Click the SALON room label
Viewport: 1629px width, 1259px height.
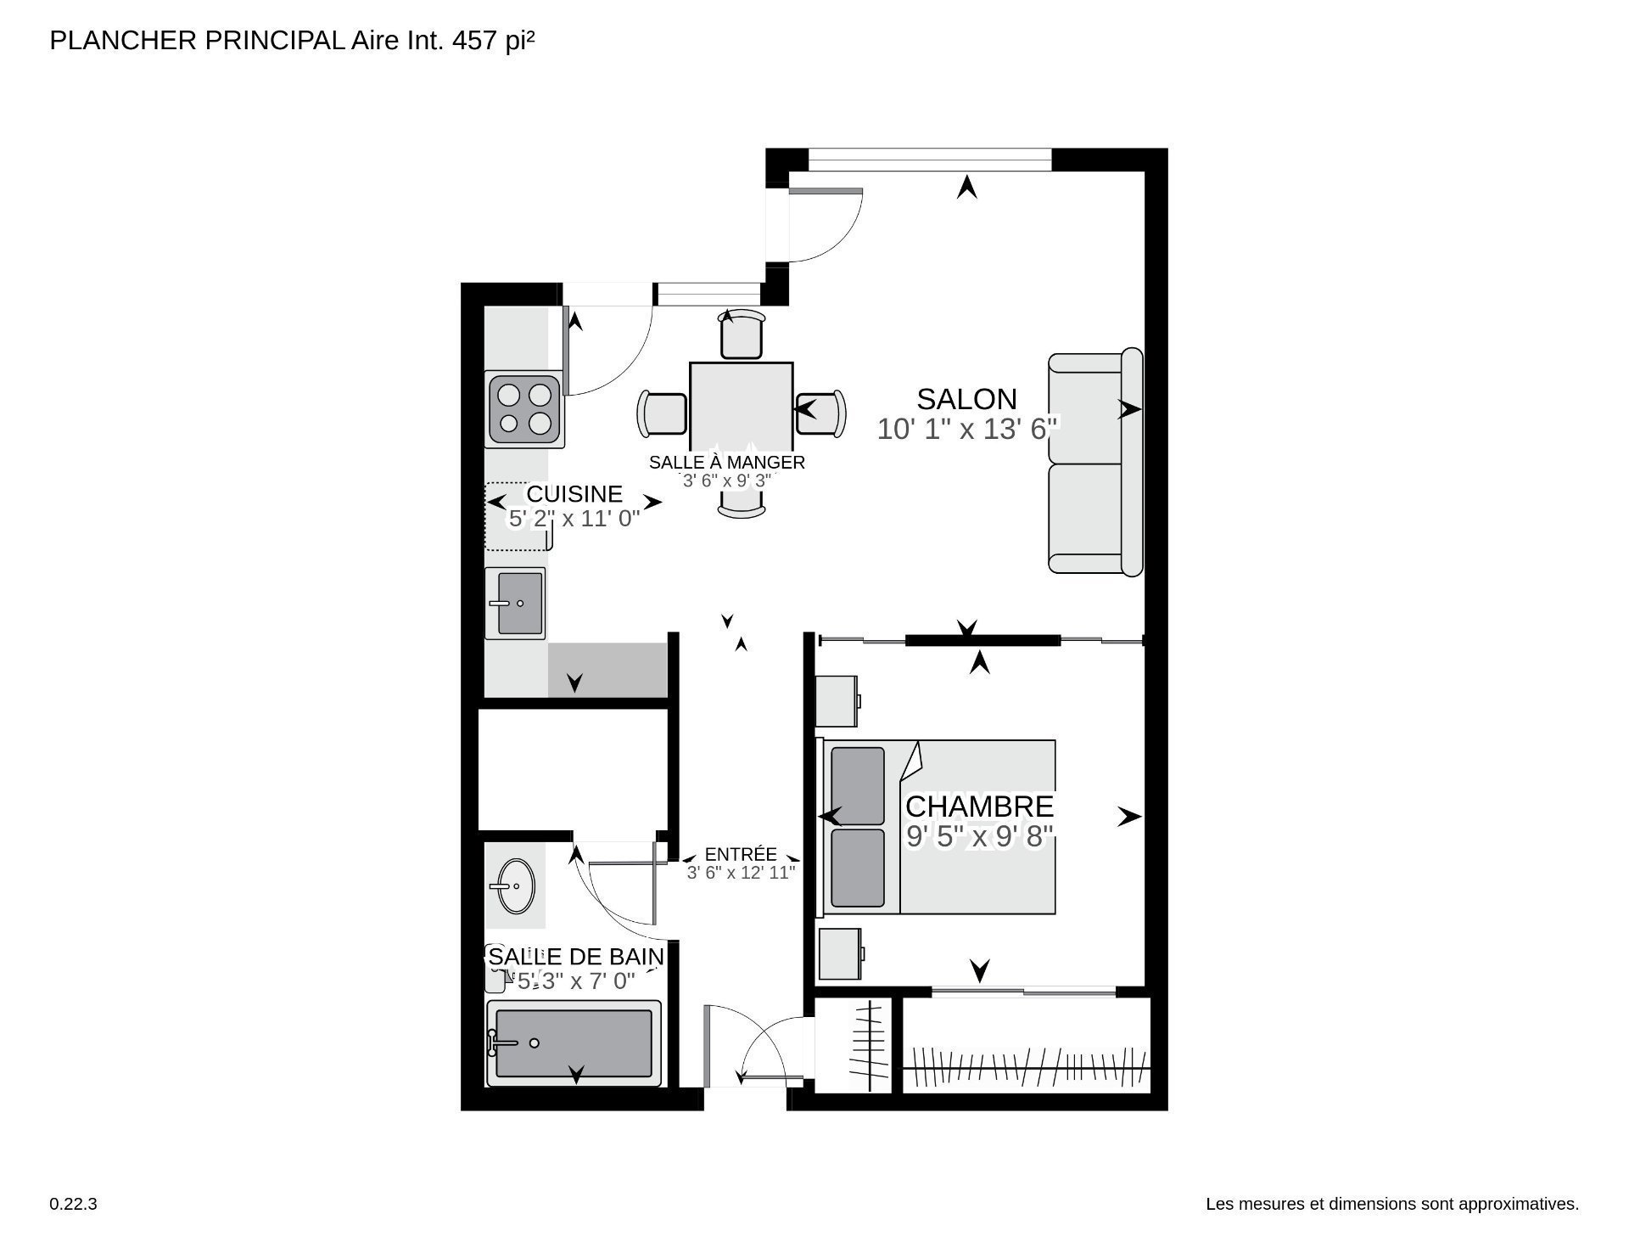pyautogui.click(x=966, y=399)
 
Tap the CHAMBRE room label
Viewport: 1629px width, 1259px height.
pyautogui.click(x=979, y=806)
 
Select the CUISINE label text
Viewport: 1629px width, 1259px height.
pyautogui.click(x=574, y=494)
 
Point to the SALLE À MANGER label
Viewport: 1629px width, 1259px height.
pyautogui.click(x=727, y=463)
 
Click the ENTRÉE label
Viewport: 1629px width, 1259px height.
pyautogui.click(x=741, y=855)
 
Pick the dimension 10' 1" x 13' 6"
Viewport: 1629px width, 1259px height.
pyautogui.click(x=968, y=430)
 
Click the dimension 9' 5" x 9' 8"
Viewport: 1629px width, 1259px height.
pyautogui.click(x=980, y=837)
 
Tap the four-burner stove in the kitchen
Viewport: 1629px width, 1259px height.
pyautogui.click(x=524, y=409)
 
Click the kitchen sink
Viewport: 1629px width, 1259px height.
pyautogui.click(x=515, y=603)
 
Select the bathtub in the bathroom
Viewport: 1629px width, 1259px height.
pyautogui.click(x=574, y=1043)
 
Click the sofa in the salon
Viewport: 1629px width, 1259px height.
pyautogui.click(x=1095, y=462)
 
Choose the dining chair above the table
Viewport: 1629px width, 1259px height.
pyautogui.click(x=742, y=334)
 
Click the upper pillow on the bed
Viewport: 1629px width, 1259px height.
pyautogui.click(x=858, y=785)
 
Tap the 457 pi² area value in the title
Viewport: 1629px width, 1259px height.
pyautogui.click(x=495, y=40)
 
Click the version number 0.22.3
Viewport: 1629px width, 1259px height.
pyautogui.click(x=74, y=1204)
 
